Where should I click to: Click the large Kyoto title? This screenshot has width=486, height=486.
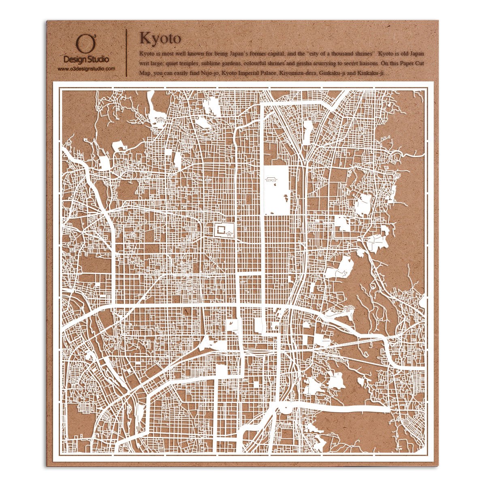click(160, 38)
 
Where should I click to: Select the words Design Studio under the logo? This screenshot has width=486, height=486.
click(86, 60)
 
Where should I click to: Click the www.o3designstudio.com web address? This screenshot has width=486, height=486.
click(86, 69)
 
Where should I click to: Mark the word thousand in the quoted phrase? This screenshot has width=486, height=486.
click(340, 53)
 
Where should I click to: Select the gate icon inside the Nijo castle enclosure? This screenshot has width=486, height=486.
click(230, 234)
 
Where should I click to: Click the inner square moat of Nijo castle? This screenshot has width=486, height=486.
click(221, 230)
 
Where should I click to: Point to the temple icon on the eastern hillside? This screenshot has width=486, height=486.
click(349, 310)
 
